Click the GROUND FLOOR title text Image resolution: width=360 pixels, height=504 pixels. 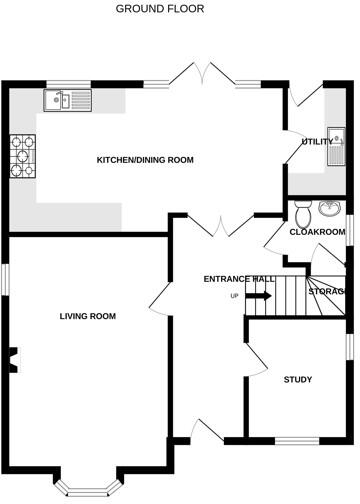(159, 8)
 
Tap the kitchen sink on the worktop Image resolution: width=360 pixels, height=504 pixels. (67, 99)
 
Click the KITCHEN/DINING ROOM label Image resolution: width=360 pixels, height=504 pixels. (144, 160)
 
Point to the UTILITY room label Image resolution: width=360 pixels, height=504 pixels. (317, 142)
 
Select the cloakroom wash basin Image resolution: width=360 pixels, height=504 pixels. (332, 208)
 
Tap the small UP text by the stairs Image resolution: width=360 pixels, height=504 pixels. (235, 296)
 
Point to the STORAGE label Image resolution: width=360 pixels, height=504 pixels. (327, 291)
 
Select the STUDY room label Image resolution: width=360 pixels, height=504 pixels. (297, 379)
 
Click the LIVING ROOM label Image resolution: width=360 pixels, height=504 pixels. (87, 316)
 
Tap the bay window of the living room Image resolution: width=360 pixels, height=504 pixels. (89, 487)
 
